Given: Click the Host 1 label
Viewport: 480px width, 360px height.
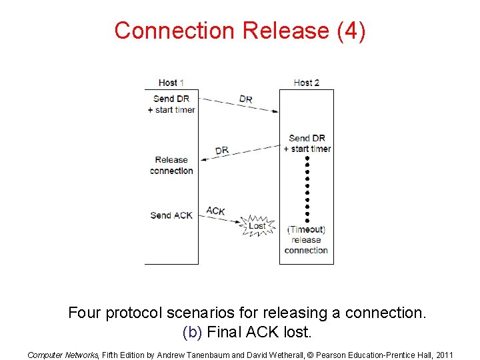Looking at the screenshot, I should tap(171, 83).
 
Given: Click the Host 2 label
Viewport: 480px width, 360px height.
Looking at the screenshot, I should tap(306, 83).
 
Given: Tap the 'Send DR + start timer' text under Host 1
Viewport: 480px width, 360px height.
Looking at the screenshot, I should tap(171, 104).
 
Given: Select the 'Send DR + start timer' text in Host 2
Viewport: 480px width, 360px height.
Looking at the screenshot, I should tap(307, 143).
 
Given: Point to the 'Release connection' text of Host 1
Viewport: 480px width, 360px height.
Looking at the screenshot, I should tap(171, 165).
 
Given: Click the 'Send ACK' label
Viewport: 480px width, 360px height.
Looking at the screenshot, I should tap(171, 215).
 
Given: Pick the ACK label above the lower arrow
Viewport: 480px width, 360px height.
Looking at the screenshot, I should tap(215, 211).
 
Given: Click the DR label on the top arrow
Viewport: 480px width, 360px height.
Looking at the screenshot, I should tap(245, 99).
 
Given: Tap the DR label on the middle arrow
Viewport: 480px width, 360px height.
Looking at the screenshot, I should tap(222, 151).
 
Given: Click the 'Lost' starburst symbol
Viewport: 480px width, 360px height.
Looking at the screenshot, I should tap(257, 225).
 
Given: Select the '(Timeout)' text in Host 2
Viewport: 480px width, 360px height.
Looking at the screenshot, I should tap(306, 229).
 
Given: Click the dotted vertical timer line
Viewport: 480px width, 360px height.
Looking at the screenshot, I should tap(307, 191).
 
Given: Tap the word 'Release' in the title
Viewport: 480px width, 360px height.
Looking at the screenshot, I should tap(287, 31).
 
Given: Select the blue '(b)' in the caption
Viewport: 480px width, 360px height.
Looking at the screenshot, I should tap(192, 331).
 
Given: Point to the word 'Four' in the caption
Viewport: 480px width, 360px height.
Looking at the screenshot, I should tap(86, 313).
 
